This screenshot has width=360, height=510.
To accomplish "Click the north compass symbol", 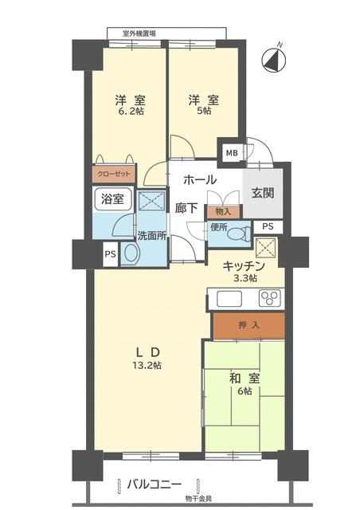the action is tap(274, 61).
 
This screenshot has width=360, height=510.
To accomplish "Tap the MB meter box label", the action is tap(232, 152).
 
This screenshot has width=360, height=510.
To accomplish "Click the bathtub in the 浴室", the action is tap(113, 198).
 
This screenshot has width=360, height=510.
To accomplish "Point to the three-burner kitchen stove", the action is tap(269, 297).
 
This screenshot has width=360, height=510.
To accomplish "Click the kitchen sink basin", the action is tap(229, 299).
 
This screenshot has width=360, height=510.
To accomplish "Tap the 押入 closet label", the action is tap(249, 325).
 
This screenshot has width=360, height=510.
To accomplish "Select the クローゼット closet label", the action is tap(114, 174).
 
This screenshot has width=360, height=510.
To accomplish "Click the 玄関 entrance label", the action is tap(263, 193).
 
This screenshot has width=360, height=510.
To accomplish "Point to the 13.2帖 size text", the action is tap(147, 365).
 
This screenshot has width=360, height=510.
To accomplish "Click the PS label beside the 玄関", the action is tap(268, 226).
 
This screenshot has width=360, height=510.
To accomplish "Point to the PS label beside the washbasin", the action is tap(110, 254).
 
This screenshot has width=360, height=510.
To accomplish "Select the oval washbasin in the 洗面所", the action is tap(131, 253).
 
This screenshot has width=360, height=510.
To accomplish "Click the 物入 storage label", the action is tap(223, 212).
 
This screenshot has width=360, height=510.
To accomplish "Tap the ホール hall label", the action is tap(200, 180).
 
